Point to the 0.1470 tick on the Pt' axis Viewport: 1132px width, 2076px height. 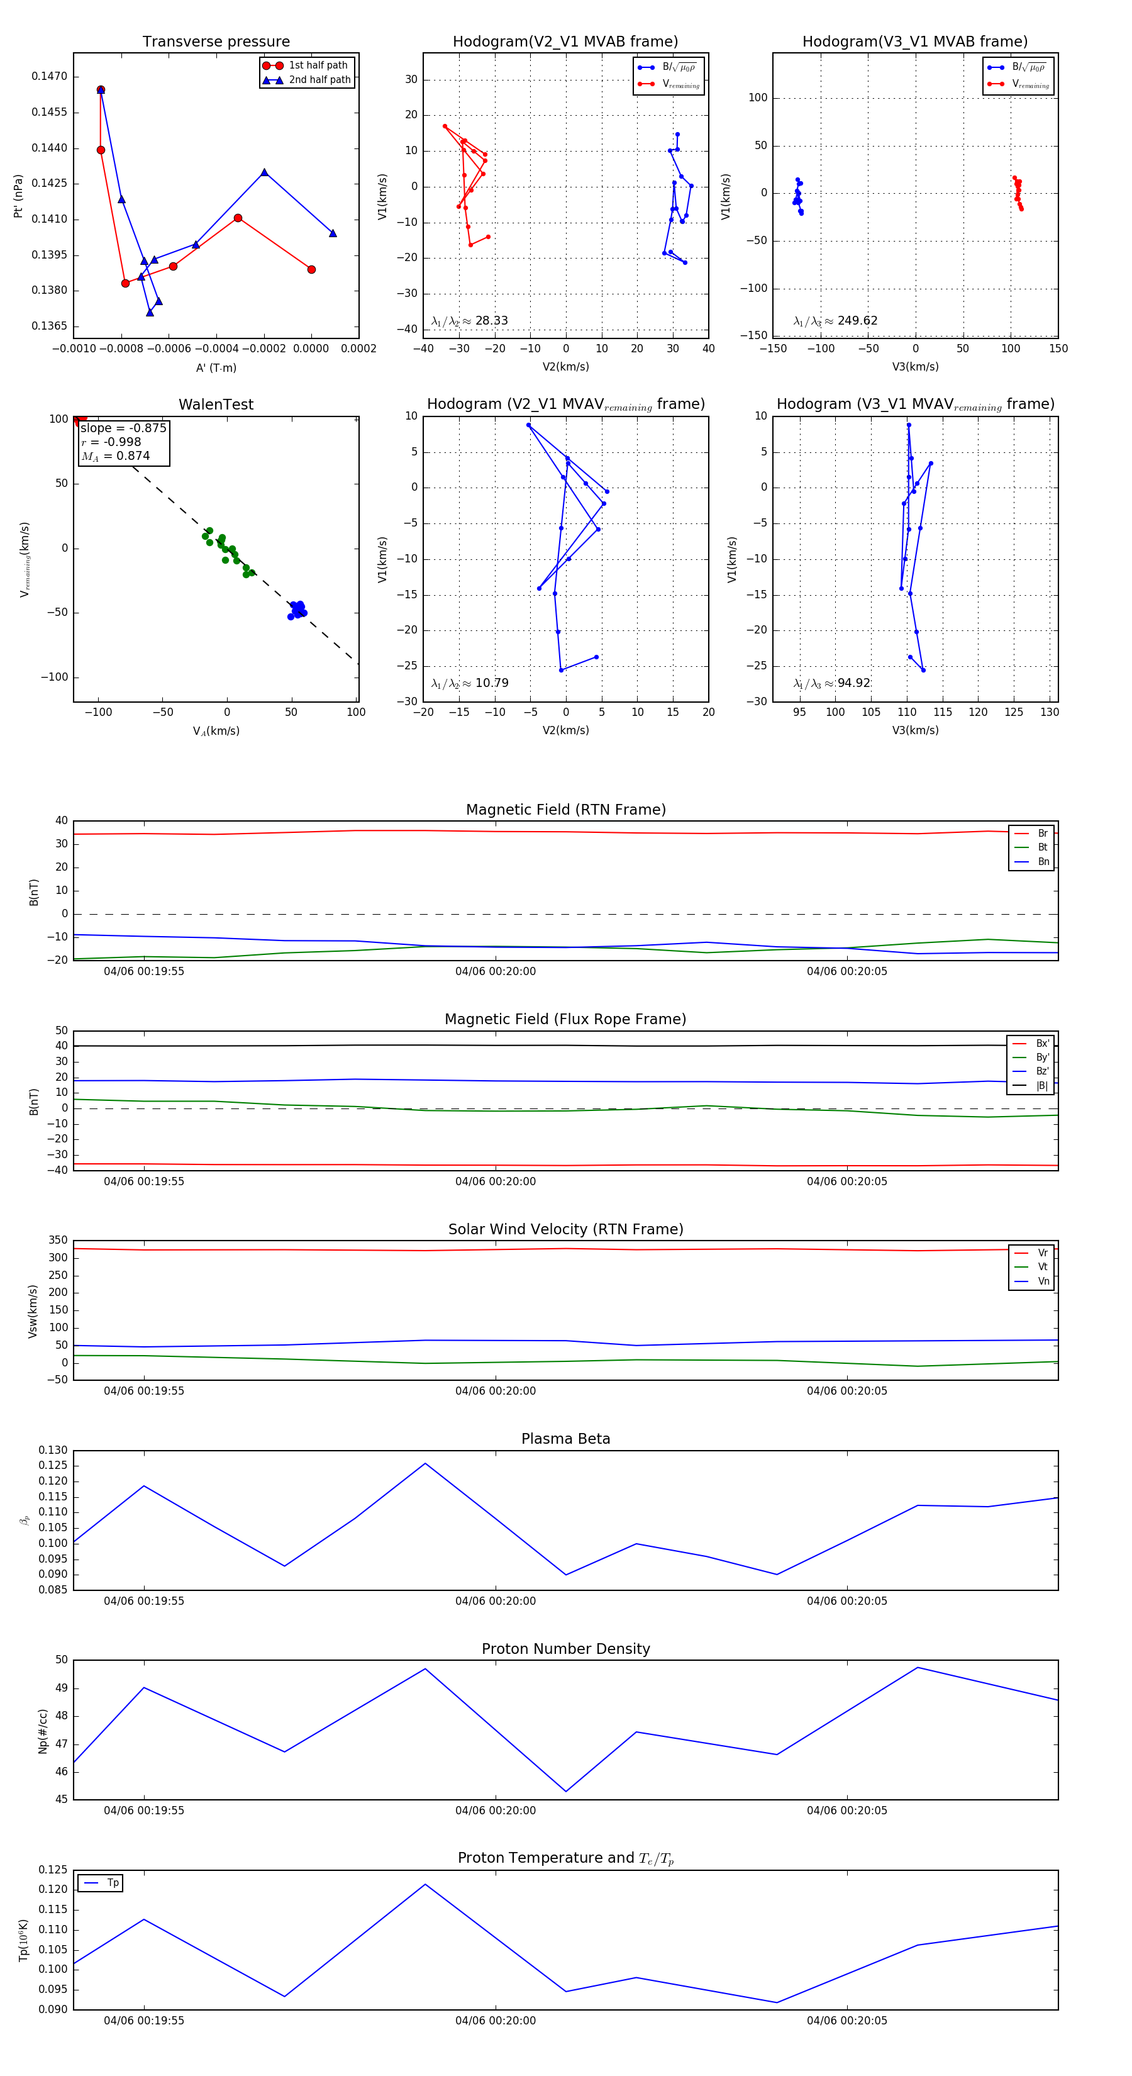click(49, 77)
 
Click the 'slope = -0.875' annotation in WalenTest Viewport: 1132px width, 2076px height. click(123, 428)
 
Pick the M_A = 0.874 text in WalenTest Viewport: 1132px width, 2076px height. click(115, 456)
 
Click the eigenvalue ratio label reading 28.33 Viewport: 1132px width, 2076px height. click(470, 321)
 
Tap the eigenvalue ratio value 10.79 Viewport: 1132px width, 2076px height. click(470, 683)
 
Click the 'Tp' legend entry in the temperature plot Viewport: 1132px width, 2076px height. click(112, 1883)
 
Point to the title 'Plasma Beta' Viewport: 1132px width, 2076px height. click(565, 1439)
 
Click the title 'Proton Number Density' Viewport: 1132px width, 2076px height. click(565, 1649)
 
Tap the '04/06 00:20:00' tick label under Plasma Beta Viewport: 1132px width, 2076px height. click(496, 1600)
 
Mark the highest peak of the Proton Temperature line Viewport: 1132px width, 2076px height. click(425, 1884)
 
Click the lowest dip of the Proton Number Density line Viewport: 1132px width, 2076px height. click(565, 1792)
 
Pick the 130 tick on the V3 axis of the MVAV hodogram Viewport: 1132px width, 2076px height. click(1049, 712)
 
